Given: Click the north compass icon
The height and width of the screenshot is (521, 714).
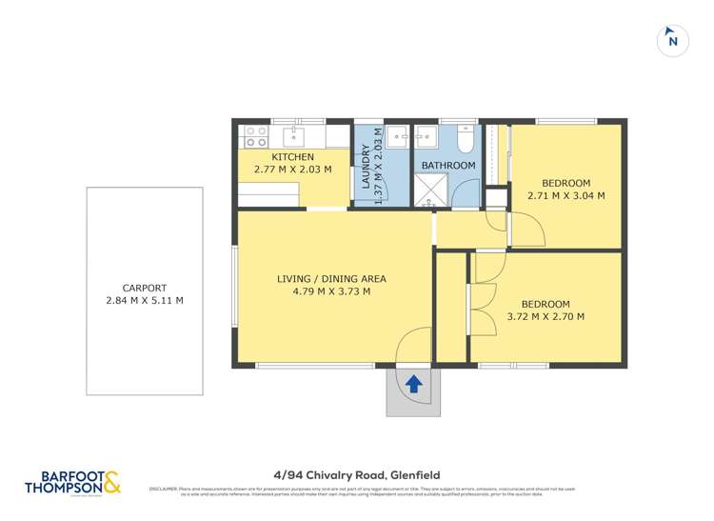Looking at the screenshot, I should click(x=673, y=40).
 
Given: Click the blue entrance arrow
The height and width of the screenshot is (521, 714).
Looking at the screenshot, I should click(x=414, y=384).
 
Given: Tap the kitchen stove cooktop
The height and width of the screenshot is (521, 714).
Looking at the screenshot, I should click(x=254, y=135).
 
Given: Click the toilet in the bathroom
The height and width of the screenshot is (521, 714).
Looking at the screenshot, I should click(x=464, y=139).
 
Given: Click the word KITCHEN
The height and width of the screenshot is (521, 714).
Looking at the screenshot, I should click(x=292, y=157).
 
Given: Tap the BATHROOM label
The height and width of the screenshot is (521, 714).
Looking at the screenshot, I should click(x=448, y=166).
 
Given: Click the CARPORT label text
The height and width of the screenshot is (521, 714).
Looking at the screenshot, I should click(x=145, y=288).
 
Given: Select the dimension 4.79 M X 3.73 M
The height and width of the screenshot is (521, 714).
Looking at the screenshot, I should click(x=330, y=291).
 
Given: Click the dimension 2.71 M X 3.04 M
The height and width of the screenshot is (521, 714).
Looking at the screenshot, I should click(x=566, y=196).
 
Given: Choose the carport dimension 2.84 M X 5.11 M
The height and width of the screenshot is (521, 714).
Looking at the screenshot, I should click(x=145, y=301).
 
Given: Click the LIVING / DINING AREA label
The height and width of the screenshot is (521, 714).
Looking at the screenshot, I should click(x=330, y=278).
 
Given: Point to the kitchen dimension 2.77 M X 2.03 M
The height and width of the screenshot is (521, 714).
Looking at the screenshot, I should click(x=292, y=170).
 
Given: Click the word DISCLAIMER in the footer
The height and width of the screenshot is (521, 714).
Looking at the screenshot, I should click(x=161, y=490).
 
